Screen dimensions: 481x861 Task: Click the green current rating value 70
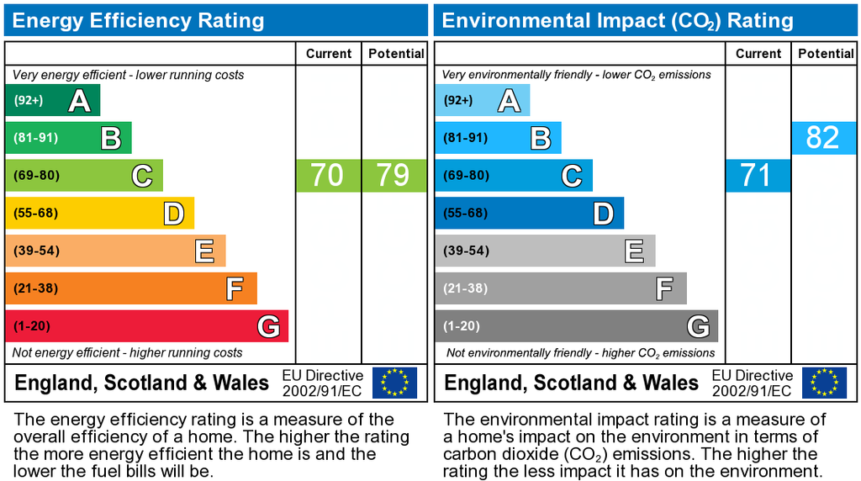point(328,176)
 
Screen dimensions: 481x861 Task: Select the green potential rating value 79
point(394,176)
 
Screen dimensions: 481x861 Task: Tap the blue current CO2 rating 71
point(757,176)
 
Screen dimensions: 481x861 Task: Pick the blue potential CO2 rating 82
point(822,138)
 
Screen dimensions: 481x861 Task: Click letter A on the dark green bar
point(79,101)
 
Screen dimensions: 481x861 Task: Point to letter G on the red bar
point(268,326)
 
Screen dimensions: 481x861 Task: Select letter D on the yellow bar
point(173,214)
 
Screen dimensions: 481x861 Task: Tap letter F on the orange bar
point(235,288)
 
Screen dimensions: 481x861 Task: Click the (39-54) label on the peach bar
point(35,251)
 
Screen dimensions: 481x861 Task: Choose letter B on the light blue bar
point(541,138)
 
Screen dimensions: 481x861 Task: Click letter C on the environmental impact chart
point(572,176)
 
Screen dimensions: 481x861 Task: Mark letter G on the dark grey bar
point(697,326)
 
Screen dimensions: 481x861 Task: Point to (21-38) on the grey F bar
point(465,288)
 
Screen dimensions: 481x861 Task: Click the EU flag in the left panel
point(394,383)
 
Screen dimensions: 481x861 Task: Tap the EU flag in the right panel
point(824,383)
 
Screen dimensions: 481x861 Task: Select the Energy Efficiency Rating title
point(138,20)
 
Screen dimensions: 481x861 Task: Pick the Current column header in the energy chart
point(329,54)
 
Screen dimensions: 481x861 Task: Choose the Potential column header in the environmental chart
point(826,54)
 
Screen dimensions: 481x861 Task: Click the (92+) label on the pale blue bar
point(458,101)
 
